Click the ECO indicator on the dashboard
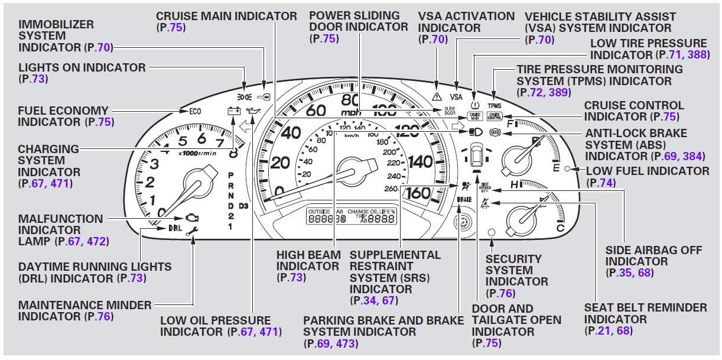coord(194,111)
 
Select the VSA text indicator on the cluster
coord(456,96)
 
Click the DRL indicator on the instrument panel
coord(175,228)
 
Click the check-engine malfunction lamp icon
coord(192,218)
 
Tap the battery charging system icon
coord(234,111)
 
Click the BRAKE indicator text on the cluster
coord(464,200)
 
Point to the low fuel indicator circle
coord(567,170)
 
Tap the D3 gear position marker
coord(244,206)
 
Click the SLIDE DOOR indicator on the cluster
coord(450,111)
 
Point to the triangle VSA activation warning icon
coord(437,95)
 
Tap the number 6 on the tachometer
coord(201,139)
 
